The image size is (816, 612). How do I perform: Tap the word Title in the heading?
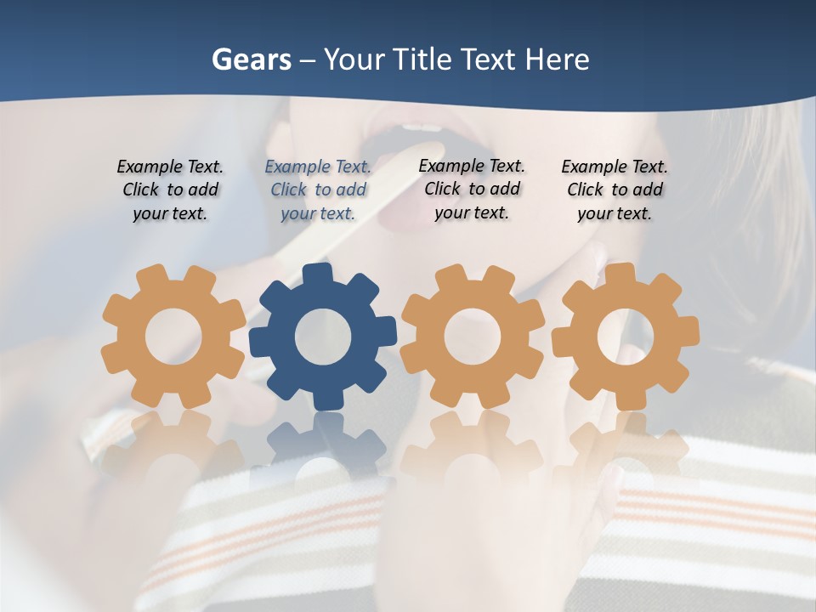422,59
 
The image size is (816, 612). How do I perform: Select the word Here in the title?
557,59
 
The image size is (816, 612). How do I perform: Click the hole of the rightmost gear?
625,335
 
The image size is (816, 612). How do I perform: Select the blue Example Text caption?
318,190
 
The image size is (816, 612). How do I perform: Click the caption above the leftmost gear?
170,190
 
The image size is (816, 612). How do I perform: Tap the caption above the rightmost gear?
615,190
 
